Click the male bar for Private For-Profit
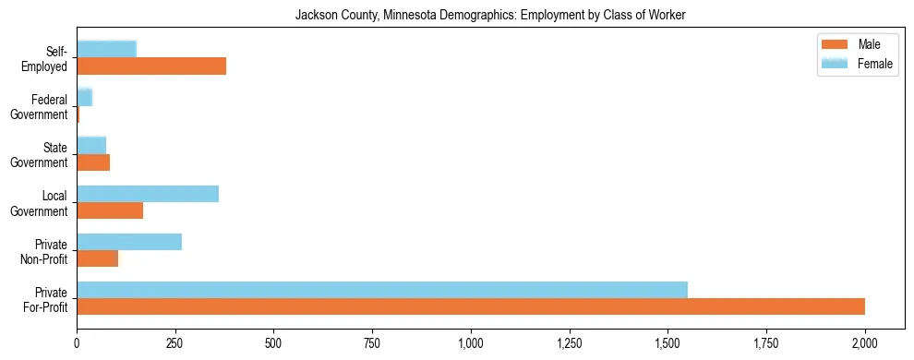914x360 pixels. coord(471,306)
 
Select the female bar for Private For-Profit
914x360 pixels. coord(382,290)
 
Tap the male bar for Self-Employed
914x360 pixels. coord(151,66)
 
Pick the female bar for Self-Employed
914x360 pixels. coord(107,49)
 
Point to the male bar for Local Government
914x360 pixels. coord(110,210)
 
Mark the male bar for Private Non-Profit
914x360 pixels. coord(98,258)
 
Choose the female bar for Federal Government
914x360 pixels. coord(85,97)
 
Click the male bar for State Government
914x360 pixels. coord(93,162)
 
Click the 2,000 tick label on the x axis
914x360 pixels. coord(865,342)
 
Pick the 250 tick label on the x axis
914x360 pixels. coord(175,342)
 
